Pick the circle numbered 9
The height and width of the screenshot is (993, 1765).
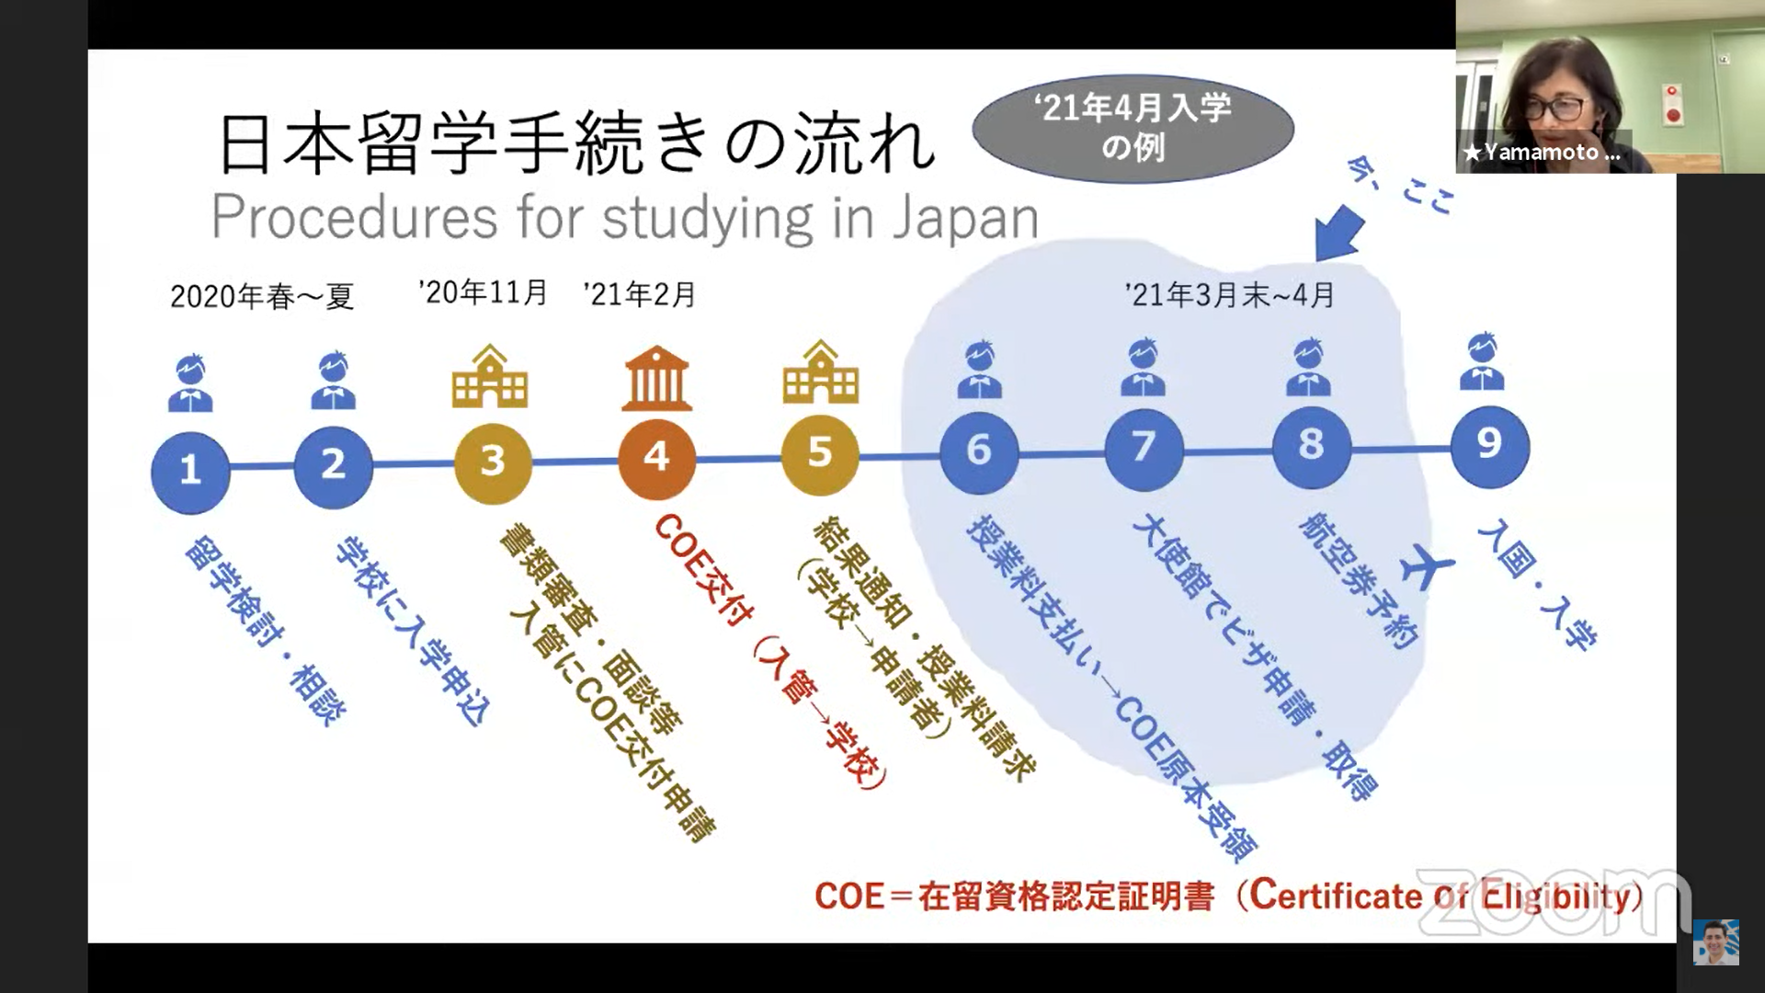(1489, 446)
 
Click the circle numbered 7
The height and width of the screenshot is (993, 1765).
(1144, 450)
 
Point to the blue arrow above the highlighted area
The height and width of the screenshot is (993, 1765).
(1340, 231)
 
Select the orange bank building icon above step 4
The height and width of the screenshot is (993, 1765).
(656, 378)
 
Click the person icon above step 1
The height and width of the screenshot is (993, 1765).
(190, 382)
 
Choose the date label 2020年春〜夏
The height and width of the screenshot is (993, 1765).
(262, 296)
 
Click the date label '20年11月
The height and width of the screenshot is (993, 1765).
(484, 292)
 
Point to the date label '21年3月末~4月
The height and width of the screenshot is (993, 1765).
(1229, 294)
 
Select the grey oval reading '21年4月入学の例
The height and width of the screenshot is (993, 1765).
(1133, 129)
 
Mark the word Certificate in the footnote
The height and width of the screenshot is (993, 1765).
(1336, 895)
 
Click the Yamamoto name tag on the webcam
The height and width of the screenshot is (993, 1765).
(1543, 152)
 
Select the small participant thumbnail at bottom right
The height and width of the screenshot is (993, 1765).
(1716, 942)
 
